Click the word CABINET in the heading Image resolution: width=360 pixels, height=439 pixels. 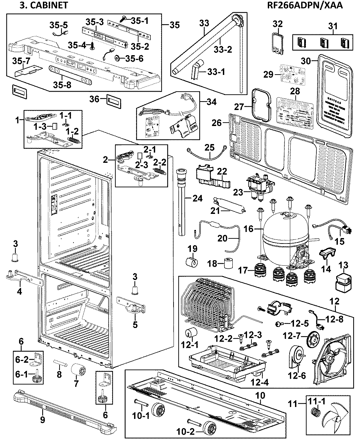click(50, 5)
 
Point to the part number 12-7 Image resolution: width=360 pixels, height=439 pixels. click(292, 336)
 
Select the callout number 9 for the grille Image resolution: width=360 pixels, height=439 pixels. click(43, 420)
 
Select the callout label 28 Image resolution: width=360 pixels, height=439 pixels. click(295, 91)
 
